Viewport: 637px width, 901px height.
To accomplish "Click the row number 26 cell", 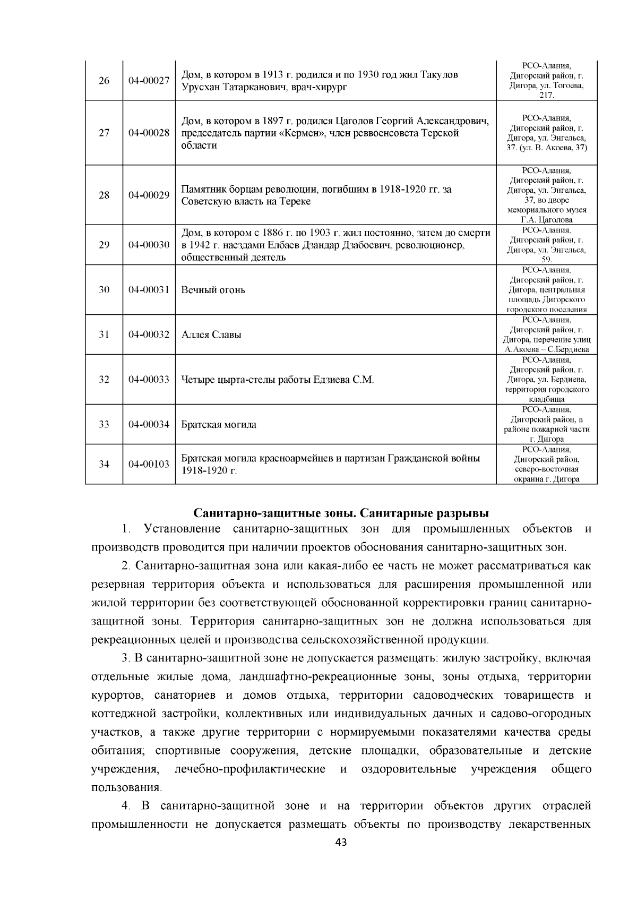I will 104,81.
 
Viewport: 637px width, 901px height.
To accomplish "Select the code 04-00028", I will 149,133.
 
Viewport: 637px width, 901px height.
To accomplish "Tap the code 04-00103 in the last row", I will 149,464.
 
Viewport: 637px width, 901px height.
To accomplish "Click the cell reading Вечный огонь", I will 213,290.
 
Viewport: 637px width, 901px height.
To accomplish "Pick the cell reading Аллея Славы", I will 211,335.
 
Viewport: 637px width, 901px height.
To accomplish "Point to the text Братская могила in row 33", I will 218,425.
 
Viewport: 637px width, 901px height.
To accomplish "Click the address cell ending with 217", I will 546,80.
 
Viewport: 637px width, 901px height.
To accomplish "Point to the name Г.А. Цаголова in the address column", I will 546,220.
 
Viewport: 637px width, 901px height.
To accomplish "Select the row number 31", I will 104,335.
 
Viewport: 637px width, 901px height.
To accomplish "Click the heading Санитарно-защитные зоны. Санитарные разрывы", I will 340,513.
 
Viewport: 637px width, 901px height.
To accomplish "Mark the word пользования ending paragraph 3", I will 125,787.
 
